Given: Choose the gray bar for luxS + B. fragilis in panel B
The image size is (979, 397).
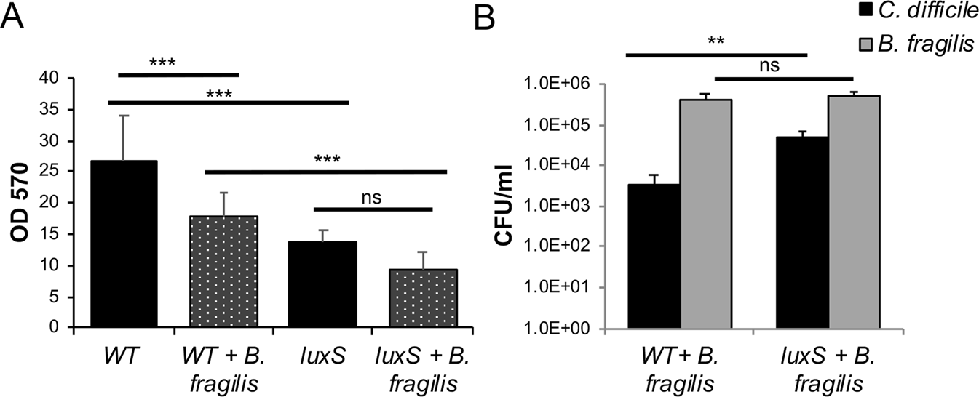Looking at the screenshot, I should [x=854, y=211].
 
